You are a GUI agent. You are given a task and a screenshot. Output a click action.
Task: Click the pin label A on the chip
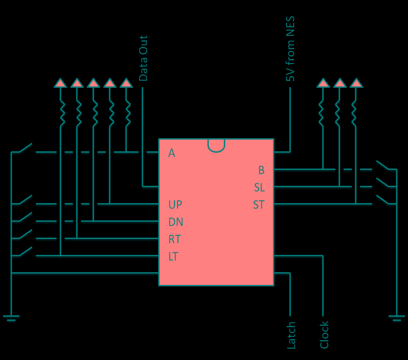(172, 154)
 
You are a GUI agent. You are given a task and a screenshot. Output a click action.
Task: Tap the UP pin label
(175, 205)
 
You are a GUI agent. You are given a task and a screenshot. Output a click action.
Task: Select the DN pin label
(176, 222)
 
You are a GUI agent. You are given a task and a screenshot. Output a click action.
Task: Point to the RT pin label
(175, 239)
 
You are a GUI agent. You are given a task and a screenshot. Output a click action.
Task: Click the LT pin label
(173, 257)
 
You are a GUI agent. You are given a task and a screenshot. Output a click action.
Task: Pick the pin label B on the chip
(261, 170)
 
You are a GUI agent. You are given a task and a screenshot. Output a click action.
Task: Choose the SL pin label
(259, 188)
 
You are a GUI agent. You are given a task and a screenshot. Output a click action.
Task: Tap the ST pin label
(259, 205)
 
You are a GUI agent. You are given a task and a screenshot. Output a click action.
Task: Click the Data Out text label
(143, 58)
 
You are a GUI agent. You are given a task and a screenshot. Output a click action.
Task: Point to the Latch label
(291, 335)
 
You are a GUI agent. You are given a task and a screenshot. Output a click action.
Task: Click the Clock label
(324, 335)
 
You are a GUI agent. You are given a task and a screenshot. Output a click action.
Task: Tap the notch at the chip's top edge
(216, 145)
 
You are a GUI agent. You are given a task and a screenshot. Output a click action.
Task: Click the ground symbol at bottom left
(11, 318)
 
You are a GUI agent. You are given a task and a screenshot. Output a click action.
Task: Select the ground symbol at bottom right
(396, 318)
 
